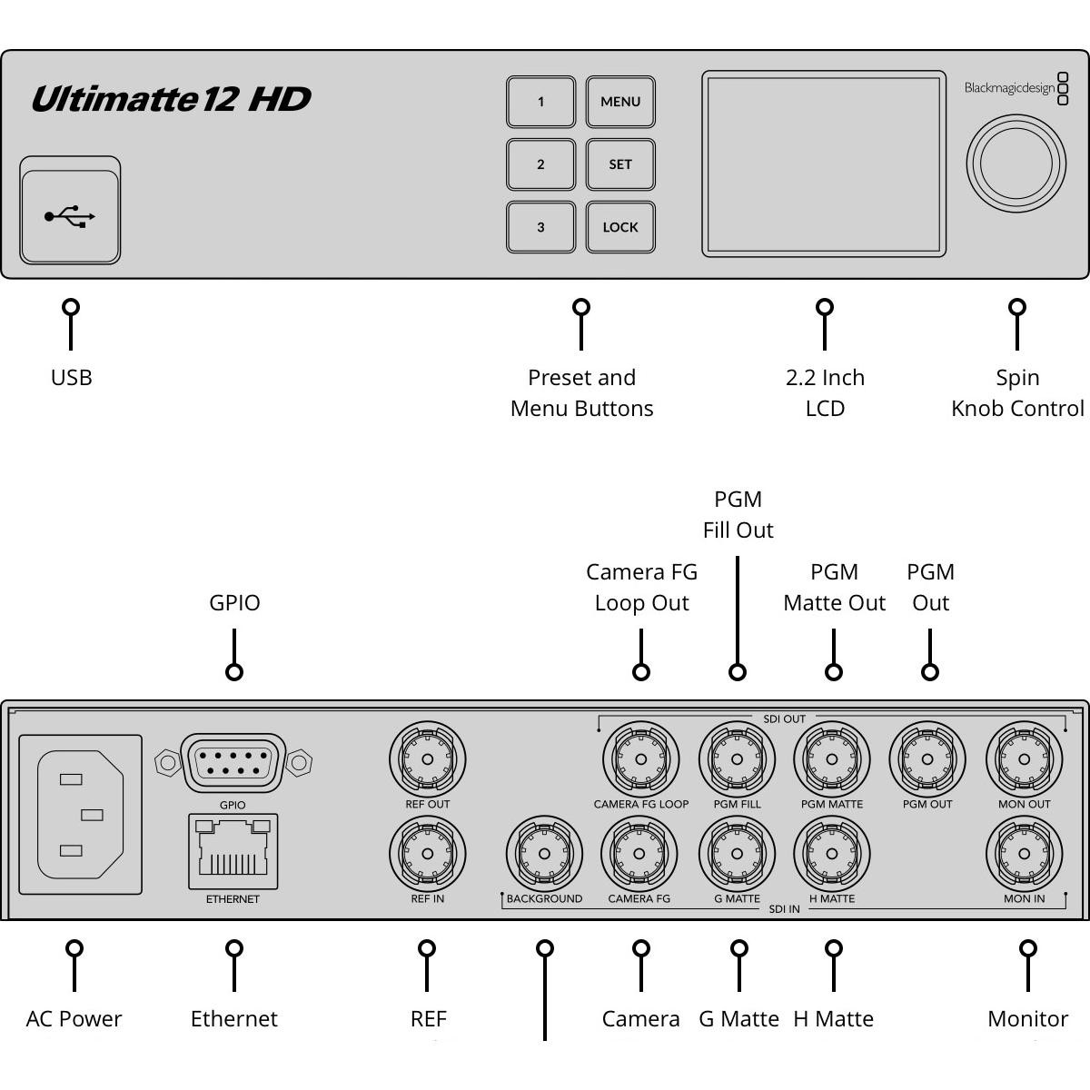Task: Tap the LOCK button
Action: pyautogui.click(x=620, y=227)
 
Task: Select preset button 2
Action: pyautogui.click(x=540, y=164)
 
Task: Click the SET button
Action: pyautogui.click(x=620, y=164)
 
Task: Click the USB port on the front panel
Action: pyautogui.click(x=70, y=215)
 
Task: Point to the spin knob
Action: pyautogui.click(x=1016, y=164)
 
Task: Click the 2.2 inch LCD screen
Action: pyautogui.click(x=823, y=164)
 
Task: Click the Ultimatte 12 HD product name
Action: pyautogui.click(x=171, y=99)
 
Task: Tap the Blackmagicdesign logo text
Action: pyautogui.click(x=1009, y=88)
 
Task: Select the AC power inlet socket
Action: pyautogui.click(x=80, y=815)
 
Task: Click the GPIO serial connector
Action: pyautogui.click(x=233, y=762)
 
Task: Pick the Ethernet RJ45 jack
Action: pyautogui.click(x=233, y=851)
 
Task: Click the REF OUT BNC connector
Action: pyautogui.click(x=427, y=759)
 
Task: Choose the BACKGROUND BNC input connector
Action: pyautogui.click(x=544, y=854)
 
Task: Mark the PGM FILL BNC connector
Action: pyautogui.click(x=737, y=759)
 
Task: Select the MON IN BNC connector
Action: pyautogui.click(x=1024, y=854)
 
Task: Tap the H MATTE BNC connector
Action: pyautogui.click(x=832, y=854)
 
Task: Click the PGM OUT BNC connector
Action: pyautogui.click(x=927, y=759)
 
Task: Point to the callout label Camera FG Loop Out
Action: pyautogui.click(x=641, y=587)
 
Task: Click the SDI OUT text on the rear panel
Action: pyautogui.click(x=784, y=718)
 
